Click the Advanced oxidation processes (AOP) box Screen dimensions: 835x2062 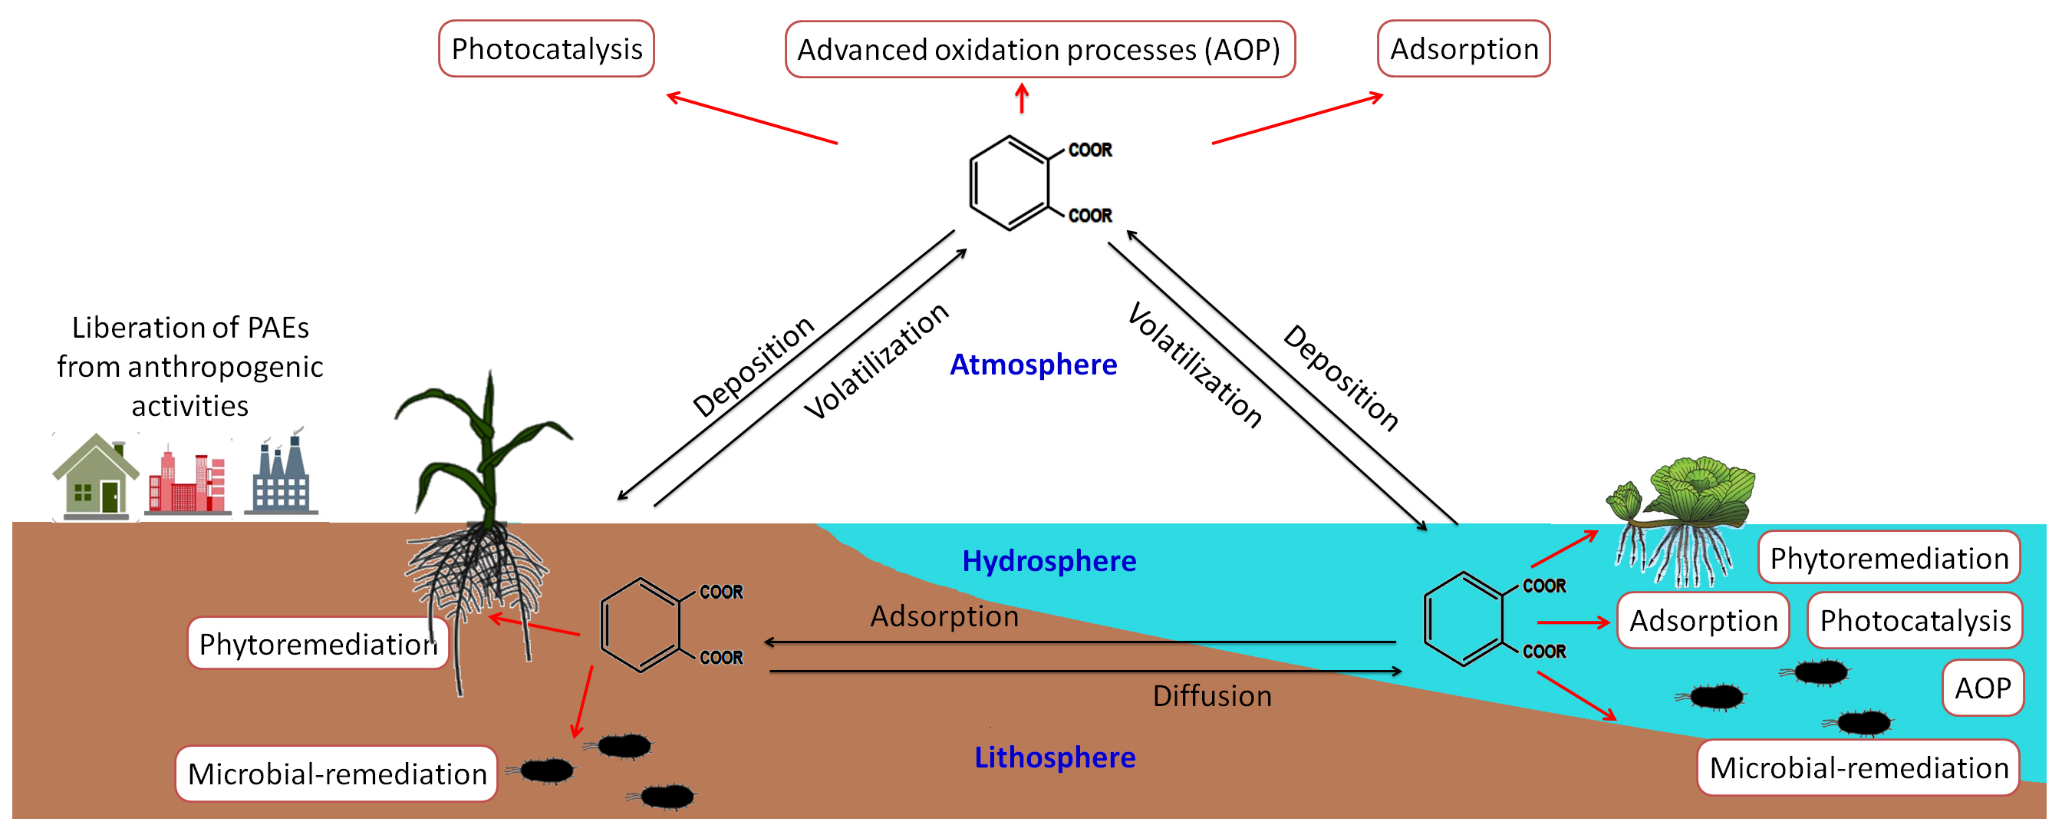coord(1039,50)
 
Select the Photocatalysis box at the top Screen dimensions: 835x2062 coord(546,49)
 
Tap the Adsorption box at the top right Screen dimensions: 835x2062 coord(1463,49)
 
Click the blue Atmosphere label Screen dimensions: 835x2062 coord(1033,365)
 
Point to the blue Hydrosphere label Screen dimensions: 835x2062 coord(1049,560)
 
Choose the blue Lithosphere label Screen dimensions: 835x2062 coord(1054,757)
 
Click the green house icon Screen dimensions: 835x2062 coord(95,477)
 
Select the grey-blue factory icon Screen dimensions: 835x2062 coord(281,477)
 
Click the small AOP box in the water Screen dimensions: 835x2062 coord(1982,688)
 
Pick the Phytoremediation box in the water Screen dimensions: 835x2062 coord(1889,558)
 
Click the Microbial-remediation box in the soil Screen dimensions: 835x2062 coord(336,774)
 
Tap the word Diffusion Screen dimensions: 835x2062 coord(1212,695)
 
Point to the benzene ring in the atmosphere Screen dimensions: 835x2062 coord(1009,183)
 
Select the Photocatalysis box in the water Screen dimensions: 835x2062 coord(1914,620)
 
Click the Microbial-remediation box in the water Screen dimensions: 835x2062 coord(1858,767)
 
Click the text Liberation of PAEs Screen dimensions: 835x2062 coord(189,328)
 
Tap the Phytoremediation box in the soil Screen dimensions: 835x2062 coord(317,644)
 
